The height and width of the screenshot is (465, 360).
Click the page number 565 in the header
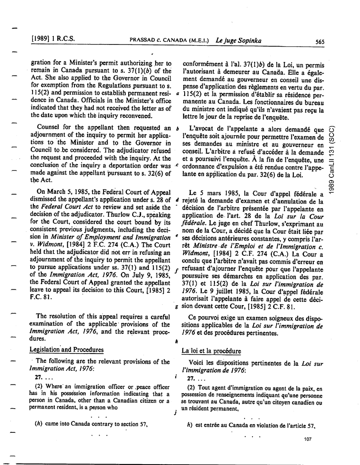320,42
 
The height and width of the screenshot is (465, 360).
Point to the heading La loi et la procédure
212,351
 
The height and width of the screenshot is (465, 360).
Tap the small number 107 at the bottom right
308,439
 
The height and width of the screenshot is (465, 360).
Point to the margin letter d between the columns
177,201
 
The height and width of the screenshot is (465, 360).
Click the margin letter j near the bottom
175,413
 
